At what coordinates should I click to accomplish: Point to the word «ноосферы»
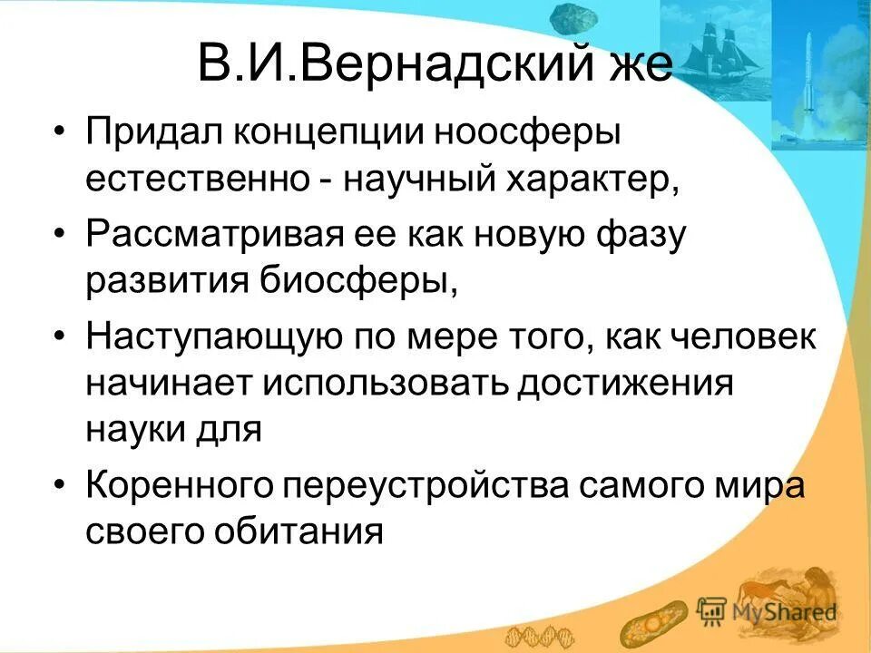517,132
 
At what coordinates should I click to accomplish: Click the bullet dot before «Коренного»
59,485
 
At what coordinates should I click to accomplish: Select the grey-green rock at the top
571,17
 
